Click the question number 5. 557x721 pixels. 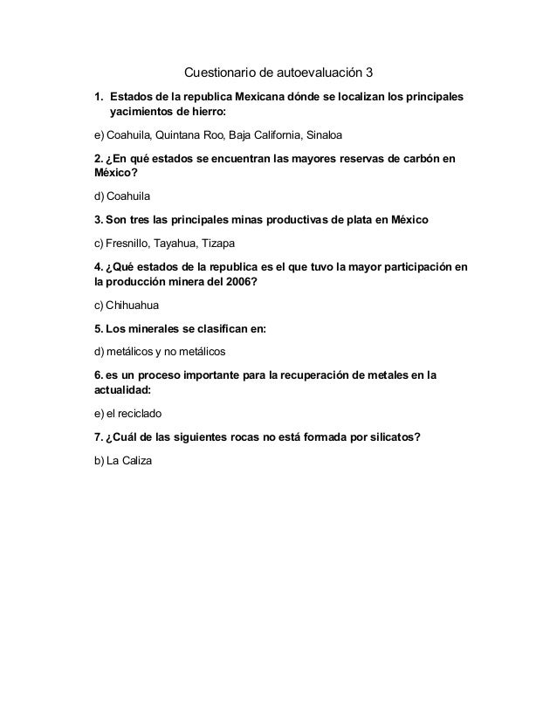point(97,329)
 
